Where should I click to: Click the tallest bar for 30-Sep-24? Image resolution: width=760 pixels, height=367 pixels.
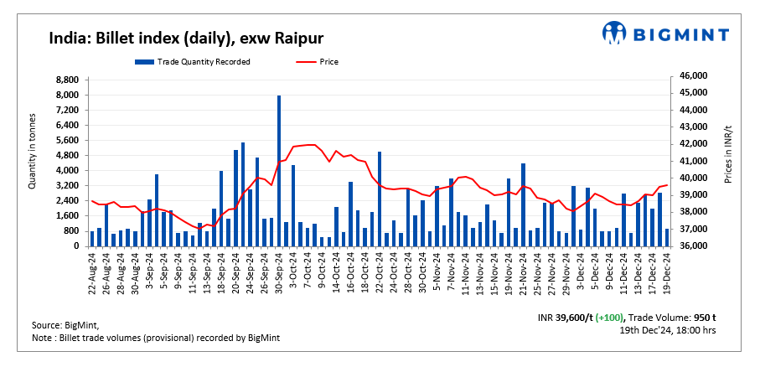point(279,171)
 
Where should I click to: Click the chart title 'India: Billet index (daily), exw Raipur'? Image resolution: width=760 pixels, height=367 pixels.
point(185,39)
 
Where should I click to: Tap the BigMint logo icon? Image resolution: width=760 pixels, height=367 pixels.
point(615,34)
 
